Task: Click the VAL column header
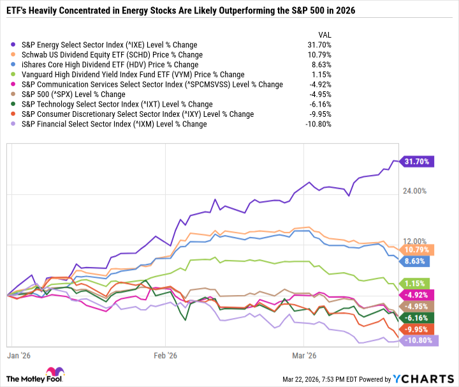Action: tap(324, 34)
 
